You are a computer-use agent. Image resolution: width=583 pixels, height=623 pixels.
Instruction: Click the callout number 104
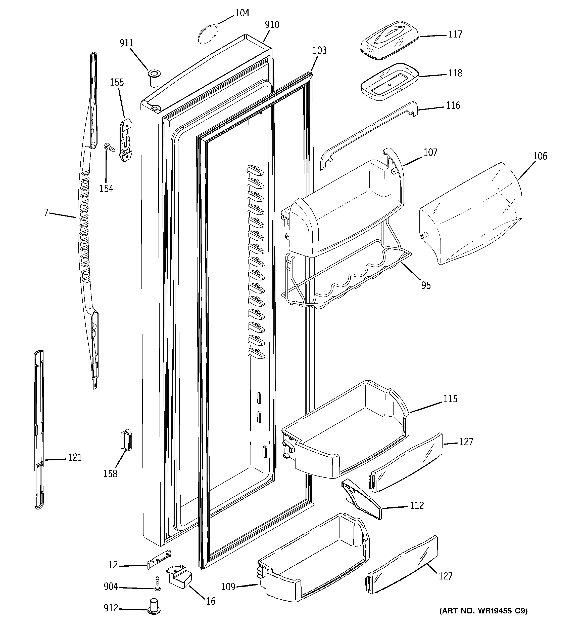pyautogui.click(x=242, y=13)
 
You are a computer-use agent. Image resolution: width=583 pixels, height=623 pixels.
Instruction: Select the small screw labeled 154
pyautogui.click(x=109, y=147)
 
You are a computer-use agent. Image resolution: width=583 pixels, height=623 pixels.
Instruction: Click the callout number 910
pyautogui.click(x=272, y=25)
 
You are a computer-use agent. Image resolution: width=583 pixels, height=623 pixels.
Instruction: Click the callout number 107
pyautogui.click(x=430, y=153)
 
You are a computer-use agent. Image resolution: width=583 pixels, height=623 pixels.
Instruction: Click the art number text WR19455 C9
pyautogui.click(x=483, y=610)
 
